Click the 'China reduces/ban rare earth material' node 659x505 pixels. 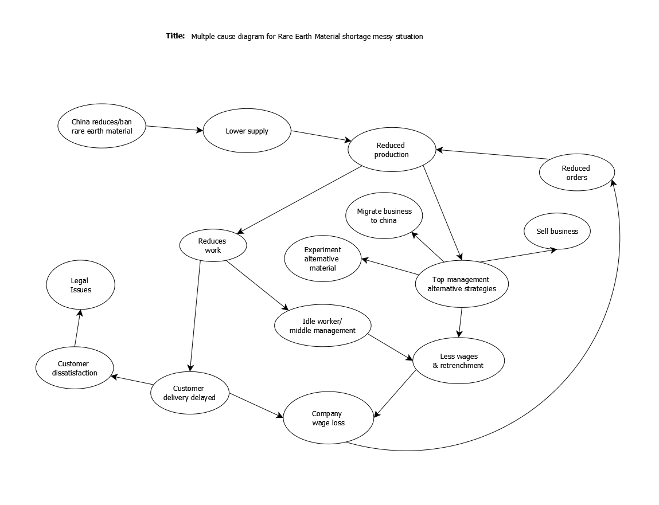102,126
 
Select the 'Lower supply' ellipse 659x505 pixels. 247,131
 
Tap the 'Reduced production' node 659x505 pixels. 392,150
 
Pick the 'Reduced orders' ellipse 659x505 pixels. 576,173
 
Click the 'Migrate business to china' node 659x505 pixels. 384,216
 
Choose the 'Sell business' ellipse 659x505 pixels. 557,232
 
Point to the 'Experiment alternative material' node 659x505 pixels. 323,259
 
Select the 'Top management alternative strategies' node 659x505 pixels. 461,284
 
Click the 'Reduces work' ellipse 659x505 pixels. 213,245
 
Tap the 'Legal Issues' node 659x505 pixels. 80,285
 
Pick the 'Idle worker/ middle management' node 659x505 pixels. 322,326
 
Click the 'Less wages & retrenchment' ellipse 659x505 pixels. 458,361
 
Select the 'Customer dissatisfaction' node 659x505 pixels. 75,368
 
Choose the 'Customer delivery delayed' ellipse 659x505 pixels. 189,393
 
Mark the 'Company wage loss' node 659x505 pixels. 328,418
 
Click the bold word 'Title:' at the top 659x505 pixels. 176,36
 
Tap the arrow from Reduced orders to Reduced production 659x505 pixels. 493,154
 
